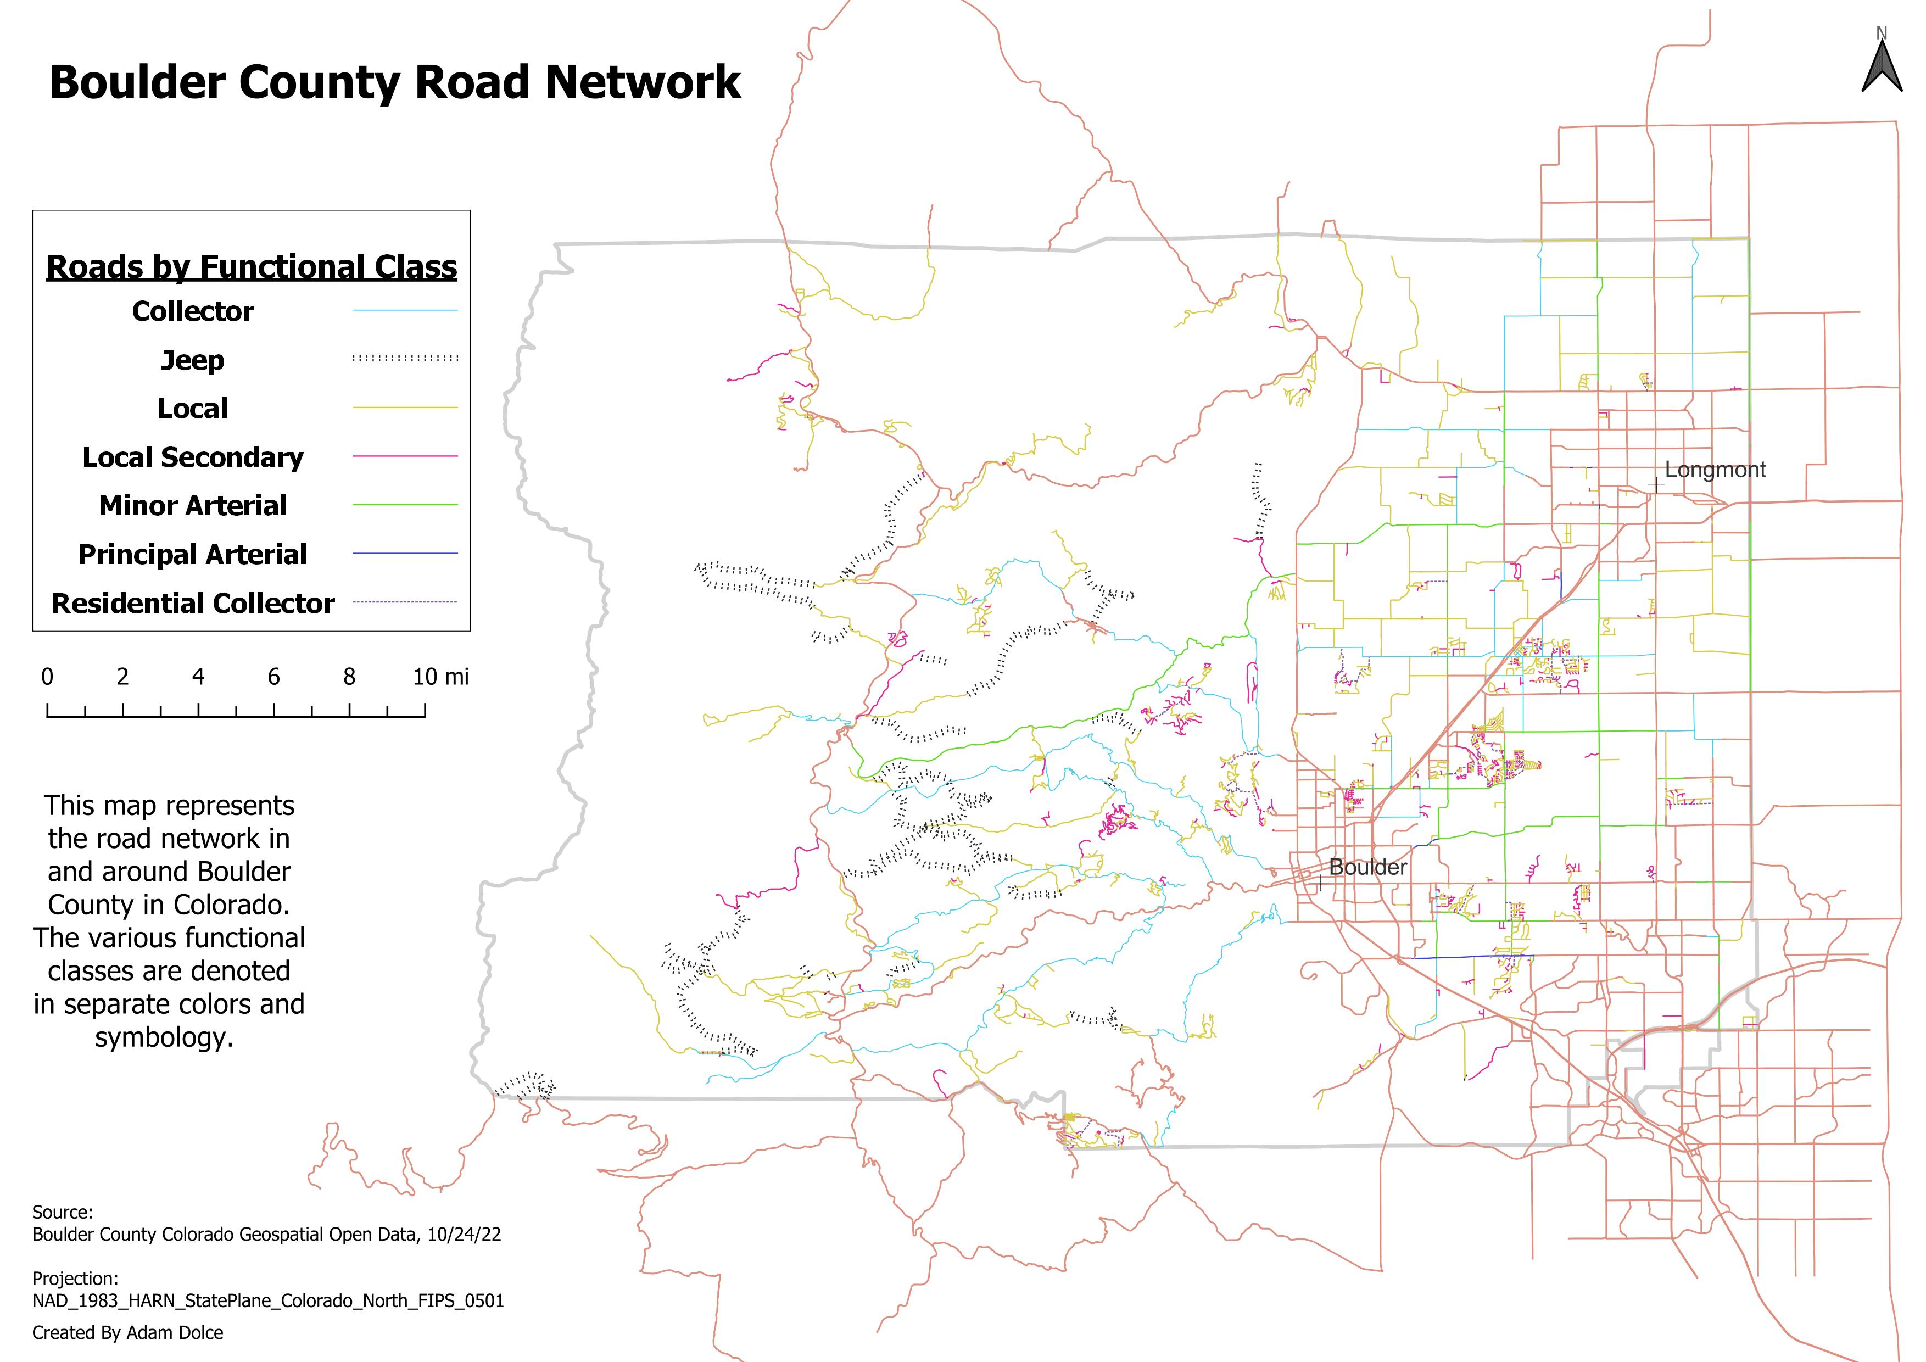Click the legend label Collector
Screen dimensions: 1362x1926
192,311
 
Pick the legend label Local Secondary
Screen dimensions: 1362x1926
192,457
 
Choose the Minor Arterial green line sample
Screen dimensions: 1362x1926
405,505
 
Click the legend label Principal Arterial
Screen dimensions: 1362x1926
192,554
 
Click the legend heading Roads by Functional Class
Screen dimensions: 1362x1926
251,267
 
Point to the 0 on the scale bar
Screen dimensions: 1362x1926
47,677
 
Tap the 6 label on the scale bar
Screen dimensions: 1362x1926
273,677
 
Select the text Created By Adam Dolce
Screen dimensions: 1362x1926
127,1333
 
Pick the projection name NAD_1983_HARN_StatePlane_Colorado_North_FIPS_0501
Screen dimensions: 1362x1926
267,1301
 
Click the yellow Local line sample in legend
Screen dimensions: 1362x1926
405,408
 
